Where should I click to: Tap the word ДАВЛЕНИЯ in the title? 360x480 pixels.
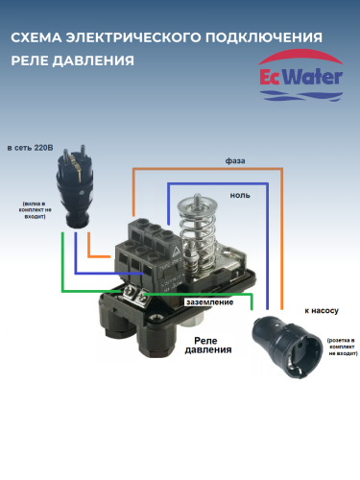98,58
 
